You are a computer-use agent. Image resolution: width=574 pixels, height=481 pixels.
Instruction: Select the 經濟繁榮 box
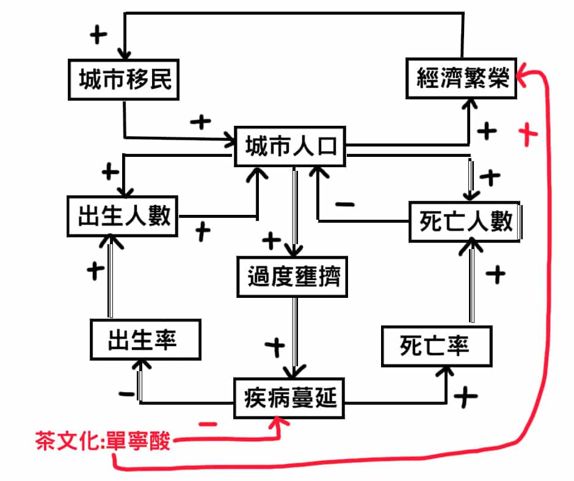(462, 79)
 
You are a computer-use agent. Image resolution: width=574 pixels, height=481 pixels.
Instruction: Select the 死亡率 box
(436, 347)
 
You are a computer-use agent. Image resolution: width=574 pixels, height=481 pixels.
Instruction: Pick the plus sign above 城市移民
(98, 35)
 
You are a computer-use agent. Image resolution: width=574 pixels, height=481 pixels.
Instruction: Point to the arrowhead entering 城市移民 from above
(125, 53)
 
